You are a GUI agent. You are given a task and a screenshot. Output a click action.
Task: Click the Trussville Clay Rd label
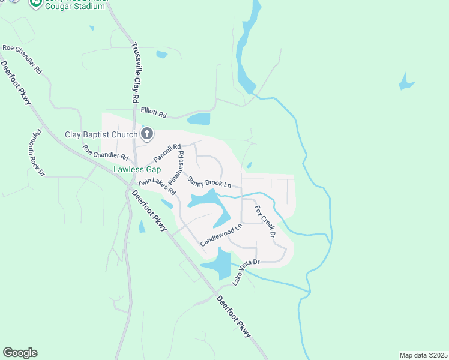click(135, 72)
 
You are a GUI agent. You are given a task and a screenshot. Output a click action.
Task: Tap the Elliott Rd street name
click(153, 112)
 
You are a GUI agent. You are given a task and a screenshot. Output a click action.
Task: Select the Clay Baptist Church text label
click(101, 134)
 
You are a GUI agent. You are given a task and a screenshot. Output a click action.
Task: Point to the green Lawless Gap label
click(137, 169)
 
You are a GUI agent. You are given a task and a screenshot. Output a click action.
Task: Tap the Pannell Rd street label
click(167, 152)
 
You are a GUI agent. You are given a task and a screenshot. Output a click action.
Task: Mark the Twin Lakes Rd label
click(156, 187)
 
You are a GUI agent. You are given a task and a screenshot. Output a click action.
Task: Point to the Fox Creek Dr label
click(264, 221)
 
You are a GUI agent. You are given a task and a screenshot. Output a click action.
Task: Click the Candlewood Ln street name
click(221, 235)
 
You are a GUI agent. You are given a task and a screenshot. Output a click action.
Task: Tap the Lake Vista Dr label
click(246, 272)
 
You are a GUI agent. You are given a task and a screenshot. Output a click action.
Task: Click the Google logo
click(20, 353)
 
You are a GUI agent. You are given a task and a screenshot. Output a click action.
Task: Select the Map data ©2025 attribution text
click(423, 355)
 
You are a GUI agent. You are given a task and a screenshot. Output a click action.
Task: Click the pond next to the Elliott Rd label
click(199, 119)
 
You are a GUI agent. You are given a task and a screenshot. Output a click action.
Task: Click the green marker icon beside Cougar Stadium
click(36, 3)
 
